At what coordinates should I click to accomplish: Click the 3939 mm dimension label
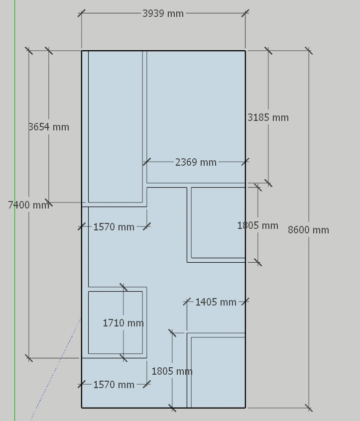click(163, 13)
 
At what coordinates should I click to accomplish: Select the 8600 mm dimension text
click(308, 230)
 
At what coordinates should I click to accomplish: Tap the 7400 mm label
click(29, 205)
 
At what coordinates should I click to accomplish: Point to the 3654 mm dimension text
click(49, 127)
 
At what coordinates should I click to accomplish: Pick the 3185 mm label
click(268, 117)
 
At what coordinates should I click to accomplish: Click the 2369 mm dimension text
click(196, 162)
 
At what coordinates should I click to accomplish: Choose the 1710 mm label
click(123, 323)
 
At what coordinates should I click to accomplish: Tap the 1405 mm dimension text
click(216, 302)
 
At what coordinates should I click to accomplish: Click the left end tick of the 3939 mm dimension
click(82, 13)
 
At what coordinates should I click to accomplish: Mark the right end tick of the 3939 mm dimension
click(245, 13)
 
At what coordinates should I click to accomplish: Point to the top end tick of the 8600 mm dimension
click(309, 50)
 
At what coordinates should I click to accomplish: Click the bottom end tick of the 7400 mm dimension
click(29, 358)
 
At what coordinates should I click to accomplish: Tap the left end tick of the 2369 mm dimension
click(146, 162)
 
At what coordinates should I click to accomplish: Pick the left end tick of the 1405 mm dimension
click(187, 302)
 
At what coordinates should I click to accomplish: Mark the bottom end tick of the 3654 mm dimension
click(49, 203)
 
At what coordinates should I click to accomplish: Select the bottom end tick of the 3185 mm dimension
click(268, 183)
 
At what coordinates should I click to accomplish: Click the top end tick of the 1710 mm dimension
click(123, 287)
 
